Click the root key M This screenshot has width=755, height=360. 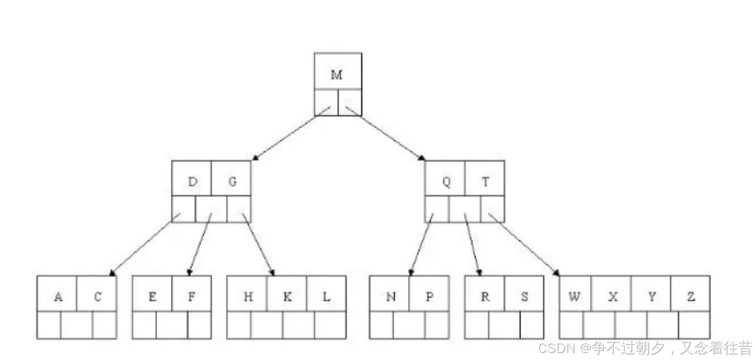(337, 75)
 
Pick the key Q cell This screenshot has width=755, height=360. (447, 182)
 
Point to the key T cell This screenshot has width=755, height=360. (486, 182)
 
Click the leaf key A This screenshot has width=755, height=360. (59, 297)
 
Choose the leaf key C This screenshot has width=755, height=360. (98, 297)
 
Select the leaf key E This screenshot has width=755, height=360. (152, 297)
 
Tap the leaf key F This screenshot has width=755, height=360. (191, 297)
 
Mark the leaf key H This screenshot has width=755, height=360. (248, 297)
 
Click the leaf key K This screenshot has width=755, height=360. (287, 297)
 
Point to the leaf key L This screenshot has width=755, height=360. (326, 297)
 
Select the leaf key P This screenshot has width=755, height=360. (428, 297)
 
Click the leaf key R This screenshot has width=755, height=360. (484, 297)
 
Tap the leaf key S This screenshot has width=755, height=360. (523, 297)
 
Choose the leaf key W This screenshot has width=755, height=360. (574, 297)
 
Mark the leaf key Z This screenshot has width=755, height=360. (691, 297)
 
